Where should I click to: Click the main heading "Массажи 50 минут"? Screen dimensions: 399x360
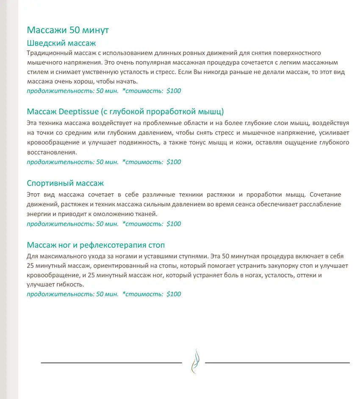click(x=68, y=30)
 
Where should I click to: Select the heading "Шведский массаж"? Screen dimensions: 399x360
click(x=61, y=43)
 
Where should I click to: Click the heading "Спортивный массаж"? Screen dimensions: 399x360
click(x=65, y=183)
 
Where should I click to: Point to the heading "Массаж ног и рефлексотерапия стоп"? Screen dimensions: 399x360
click(x=96, y=245)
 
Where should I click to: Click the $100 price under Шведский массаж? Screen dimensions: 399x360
click(x=174, y=91)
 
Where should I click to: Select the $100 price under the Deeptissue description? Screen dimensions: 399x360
click(x=174, y=162)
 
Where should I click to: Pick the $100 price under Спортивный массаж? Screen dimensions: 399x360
click(x=174, y=224)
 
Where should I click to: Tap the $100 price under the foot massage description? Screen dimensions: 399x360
click(x=174, y=294)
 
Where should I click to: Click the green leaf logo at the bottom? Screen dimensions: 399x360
click(x=194, y=360)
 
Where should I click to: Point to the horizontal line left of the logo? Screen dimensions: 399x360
click(x=111, y=363)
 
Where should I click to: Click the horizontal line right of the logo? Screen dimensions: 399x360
click(x=277, y=363)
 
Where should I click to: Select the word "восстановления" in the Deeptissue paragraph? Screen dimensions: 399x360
click(x=52, y=152)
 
